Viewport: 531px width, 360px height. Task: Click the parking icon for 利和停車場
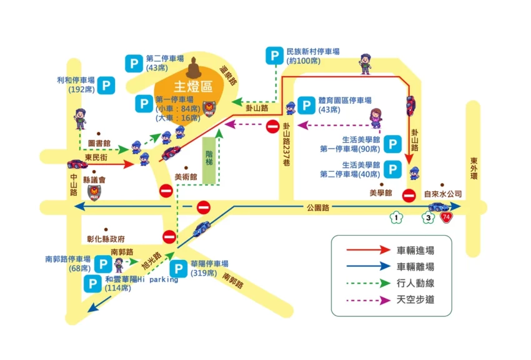pyautogui.click(x=107, y=85)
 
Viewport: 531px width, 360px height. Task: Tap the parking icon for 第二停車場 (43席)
pyautogui.click(x=134, y=62)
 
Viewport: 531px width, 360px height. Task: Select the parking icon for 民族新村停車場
pyautogui.click(x=274, y=56)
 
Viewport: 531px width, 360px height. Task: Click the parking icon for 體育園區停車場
pyautogui.click(x=307, y=104)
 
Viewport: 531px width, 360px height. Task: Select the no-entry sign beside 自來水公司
pyautogui.click(x=409, y=195)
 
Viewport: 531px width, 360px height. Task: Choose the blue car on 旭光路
pyautogui.click(x=202, y=229)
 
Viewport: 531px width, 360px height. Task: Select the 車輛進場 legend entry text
pyautogui.click(x=415, y=250)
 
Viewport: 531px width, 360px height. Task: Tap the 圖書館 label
pyautogui.click(x=99, y=142)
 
